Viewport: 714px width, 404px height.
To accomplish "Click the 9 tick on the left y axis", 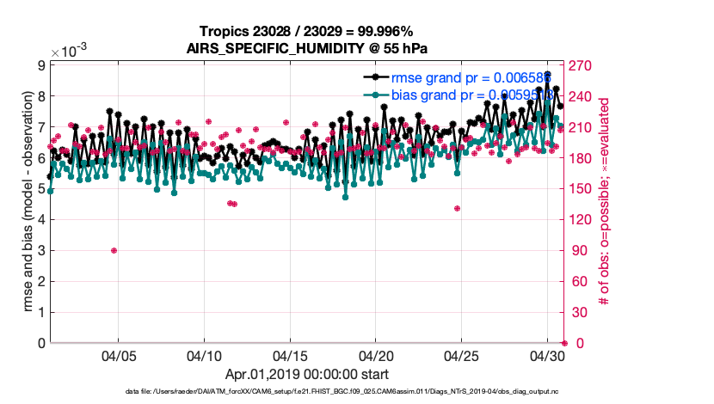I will pos(40,64).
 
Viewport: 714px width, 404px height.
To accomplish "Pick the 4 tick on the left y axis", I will pos(40,219).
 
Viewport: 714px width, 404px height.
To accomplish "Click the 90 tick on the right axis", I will pos(576,250).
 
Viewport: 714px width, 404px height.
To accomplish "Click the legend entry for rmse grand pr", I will pos(452,77).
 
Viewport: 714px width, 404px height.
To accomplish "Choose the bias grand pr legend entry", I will pos(452,95).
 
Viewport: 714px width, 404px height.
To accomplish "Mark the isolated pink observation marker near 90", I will pos(114,250).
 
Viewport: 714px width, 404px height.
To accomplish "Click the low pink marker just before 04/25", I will pos(457,208).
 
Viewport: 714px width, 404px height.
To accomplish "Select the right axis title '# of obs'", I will pos(605,203).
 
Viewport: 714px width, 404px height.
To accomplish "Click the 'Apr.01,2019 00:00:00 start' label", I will pos(307,375).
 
